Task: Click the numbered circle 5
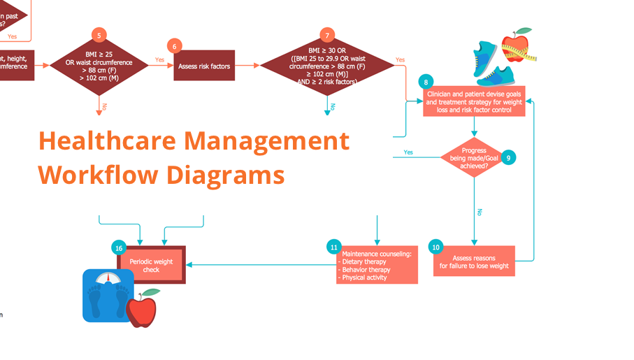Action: point(99,36)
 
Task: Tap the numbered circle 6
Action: point(175,46)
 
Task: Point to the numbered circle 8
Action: point(426,82)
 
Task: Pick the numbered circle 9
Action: point(509,158)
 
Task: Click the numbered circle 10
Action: point(436,247)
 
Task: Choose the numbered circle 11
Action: point(334,247)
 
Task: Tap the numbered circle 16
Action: point(120,247)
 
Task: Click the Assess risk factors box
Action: point(204,66)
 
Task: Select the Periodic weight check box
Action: point(151,265)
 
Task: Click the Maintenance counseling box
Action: point(377,265)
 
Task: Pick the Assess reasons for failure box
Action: point(474,261)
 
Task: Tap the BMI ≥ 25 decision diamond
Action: point(99,66)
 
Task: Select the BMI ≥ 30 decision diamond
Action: point(327,66)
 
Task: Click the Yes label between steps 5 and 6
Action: point(160,60)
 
